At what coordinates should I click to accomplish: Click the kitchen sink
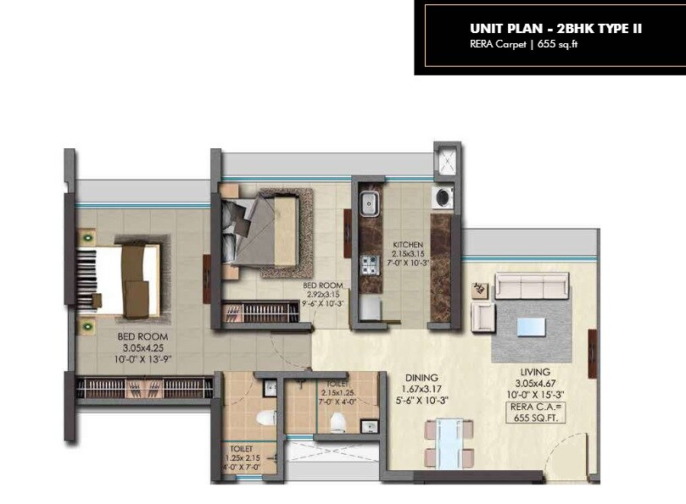tap(370, 203)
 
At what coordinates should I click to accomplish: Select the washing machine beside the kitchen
tap(442, 198)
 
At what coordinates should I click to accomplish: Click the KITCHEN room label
tap(407, 245)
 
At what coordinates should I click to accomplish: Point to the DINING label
tap(421, 378)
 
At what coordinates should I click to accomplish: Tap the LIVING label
tap(536, 372)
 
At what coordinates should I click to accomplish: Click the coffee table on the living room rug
tap(532, 326)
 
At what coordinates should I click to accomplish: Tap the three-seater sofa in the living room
tap(533, 285)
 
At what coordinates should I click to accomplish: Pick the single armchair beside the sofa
tap(483, 317)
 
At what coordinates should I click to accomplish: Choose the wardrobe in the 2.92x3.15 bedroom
tap(261, 313)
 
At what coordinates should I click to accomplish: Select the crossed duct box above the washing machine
tap(446, 161)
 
